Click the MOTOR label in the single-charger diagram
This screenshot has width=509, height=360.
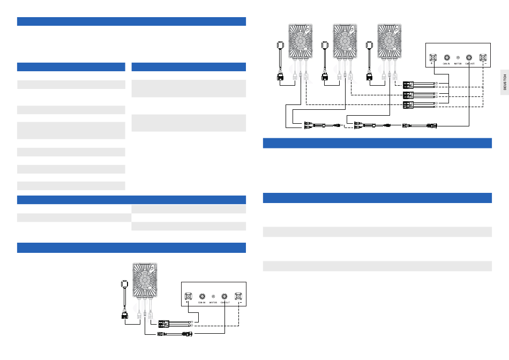coord(214,302)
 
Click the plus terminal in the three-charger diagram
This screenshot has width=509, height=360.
coord(432,56)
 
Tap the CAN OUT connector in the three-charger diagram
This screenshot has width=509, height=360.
coord(470,56)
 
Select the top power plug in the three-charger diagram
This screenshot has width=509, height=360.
coord(409,84)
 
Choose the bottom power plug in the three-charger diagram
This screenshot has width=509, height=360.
coord(409,104)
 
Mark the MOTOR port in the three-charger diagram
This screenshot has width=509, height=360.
coord(458,56)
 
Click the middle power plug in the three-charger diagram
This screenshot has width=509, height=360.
coord(409,95)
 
